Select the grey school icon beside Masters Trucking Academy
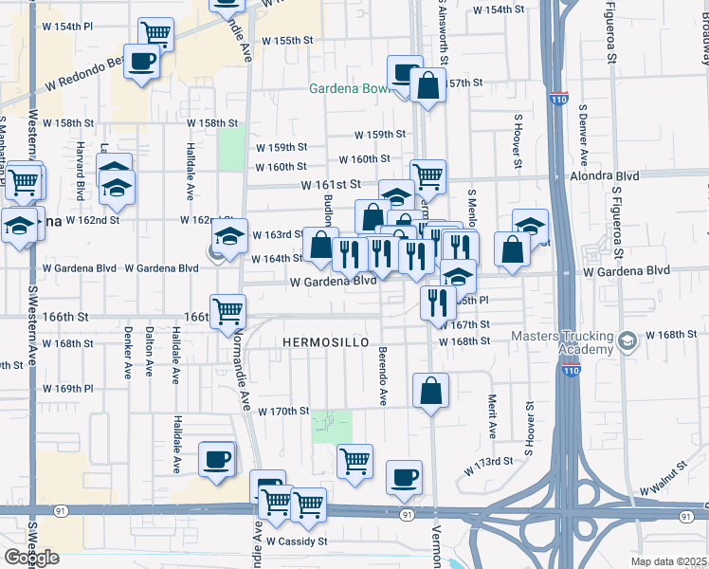coord(627,340)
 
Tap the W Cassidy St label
coord(296,541)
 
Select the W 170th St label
coord(283,411)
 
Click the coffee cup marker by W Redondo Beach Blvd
coord(142,63)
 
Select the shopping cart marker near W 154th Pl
coord(155,34)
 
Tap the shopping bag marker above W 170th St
coord(431,390)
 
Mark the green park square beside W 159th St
coord(230,148)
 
